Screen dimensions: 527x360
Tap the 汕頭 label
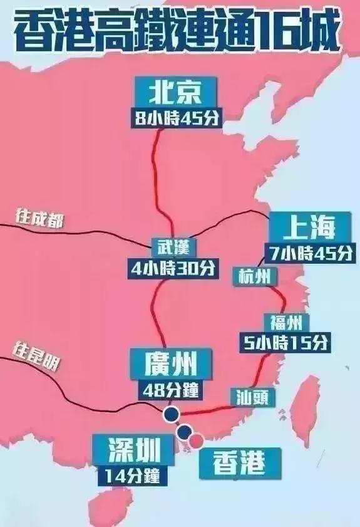coord(253,396)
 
